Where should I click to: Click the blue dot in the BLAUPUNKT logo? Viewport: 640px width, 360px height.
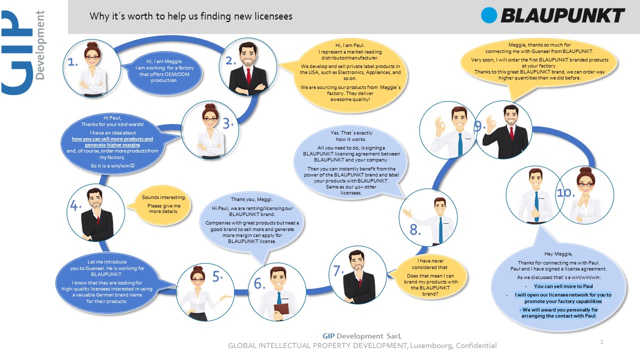[489, 15]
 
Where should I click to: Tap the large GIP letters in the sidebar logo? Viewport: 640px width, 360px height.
[17, 52]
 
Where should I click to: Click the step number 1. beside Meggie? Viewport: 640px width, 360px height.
[72, 62]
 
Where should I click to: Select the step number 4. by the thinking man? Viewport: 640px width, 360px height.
[75, 205]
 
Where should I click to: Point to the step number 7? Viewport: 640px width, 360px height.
[339, 271]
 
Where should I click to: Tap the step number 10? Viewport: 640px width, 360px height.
[565, 192]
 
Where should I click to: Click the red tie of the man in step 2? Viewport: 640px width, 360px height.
[248, 76]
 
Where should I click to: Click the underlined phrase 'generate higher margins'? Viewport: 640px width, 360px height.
[112, 145]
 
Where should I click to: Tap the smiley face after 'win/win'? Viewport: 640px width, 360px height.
[132, 165]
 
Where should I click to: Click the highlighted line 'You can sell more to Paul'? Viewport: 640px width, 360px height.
[563, 286]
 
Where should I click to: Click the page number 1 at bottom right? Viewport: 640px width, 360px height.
[601, 341]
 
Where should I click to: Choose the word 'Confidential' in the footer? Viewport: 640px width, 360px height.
[476, 345]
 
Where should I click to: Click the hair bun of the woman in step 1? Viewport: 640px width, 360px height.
[92, 45]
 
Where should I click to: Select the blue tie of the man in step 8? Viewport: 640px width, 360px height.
[441, 230]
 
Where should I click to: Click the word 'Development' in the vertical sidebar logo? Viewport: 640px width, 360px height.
[39, 45]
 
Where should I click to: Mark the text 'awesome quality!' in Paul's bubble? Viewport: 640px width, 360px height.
[350, 99]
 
